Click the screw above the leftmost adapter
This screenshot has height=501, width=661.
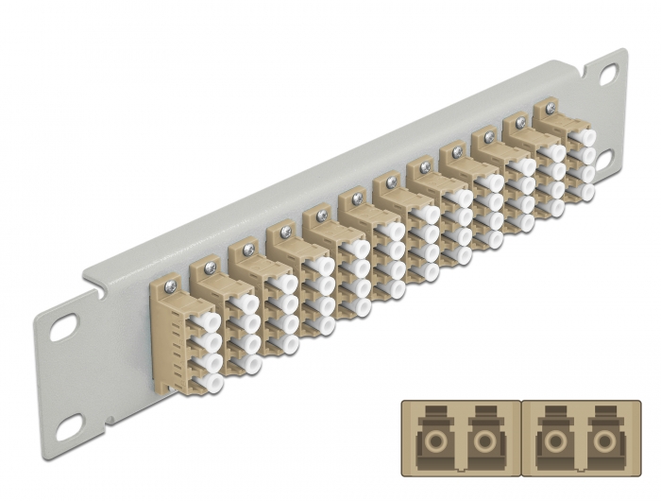coord(171,281)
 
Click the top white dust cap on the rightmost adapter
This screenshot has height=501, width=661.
coord(586,137)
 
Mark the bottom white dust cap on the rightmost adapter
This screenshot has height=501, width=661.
coord(587,192)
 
